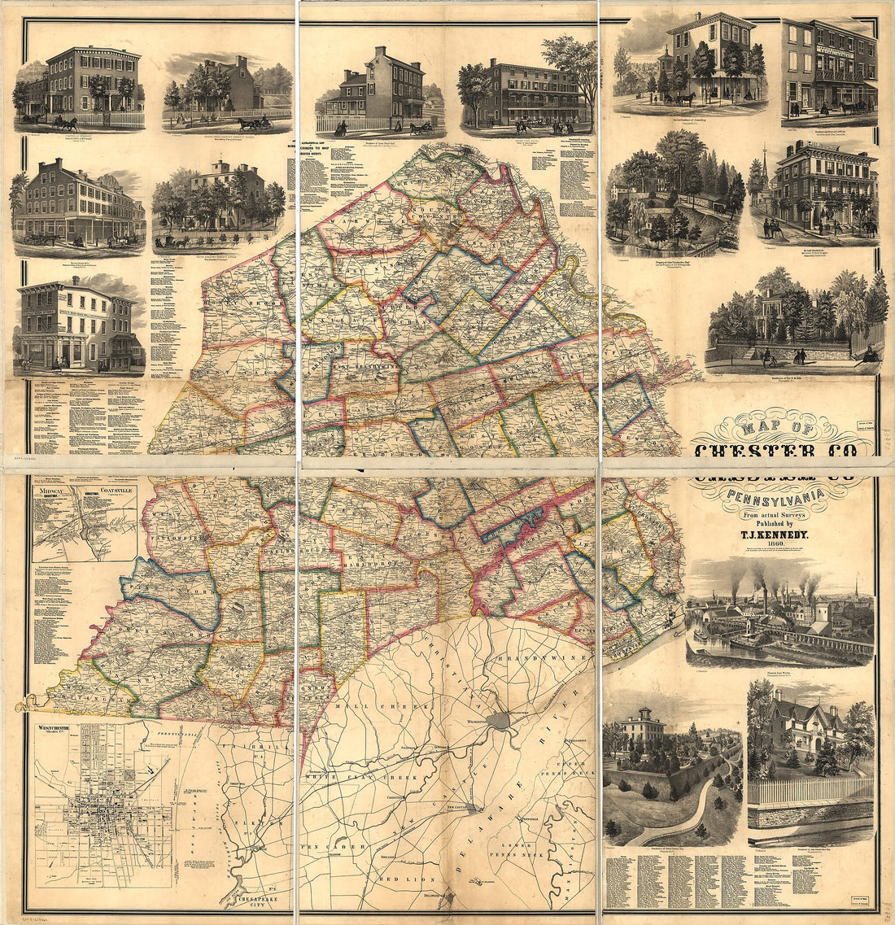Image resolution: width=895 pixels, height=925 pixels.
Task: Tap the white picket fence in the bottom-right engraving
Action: click(x=810, y=790)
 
